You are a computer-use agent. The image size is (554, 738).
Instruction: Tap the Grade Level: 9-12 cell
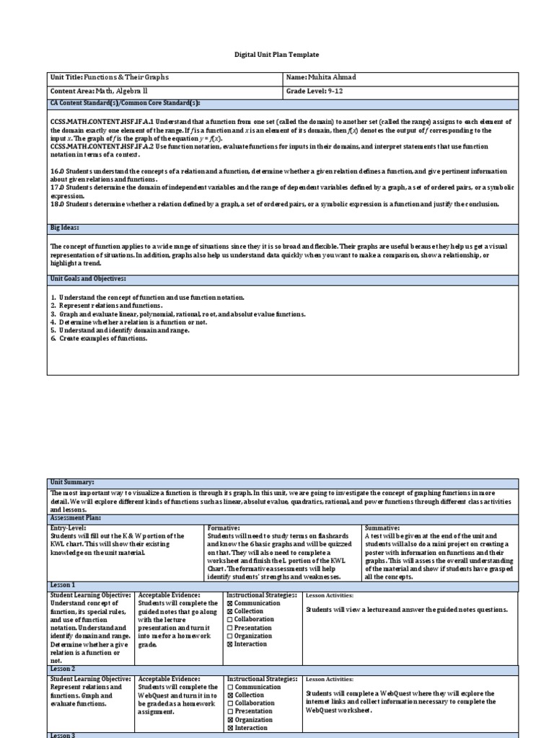click(x=315, y=92)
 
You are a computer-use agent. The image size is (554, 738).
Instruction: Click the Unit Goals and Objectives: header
click(x=87, y=278)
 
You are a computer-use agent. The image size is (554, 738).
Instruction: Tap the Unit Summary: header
click(x=72, y=481)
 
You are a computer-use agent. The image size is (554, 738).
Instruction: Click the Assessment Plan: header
click(x=75, y=517)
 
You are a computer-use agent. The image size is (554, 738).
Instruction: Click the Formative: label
click(x=224, y=528)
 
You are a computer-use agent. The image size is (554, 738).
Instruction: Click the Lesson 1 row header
click(x=63, y=584)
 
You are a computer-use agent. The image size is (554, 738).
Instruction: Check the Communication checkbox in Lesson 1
click(x=230, y=603)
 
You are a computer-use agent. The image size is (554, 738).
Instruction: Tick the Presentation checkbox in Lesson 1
click(x=230, y=628)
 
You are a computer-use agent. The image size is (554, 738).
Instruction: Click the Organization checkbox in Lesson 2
click(x=230, y=719)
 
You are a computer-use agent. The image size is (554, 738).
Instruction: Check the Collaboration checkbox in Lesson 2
click(x=230, y=703)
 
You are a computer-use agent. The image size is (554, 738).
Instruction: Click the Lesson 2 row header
click(x=63, y=668)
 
